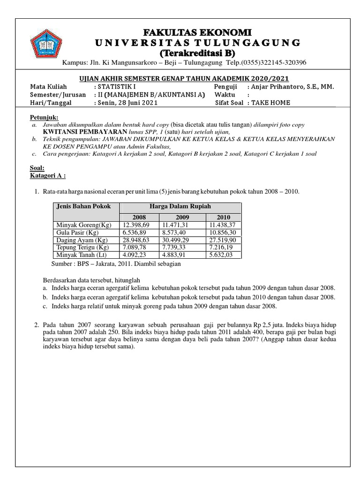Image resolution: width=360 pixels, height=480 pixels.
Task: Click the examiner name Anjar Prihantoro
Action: click(292, 87)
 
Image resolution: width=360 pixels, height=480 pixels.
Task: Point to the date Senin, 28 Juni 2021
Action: click(127, 103)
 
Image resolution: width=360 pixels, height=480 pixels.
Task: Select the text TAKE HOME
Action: click(270, 103)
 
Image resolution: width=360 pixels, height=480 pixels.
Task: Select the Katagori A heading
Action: click(48, 175)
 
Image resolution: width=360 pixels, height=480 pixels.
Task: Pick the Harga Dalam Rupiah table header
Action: click(180, 206)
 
